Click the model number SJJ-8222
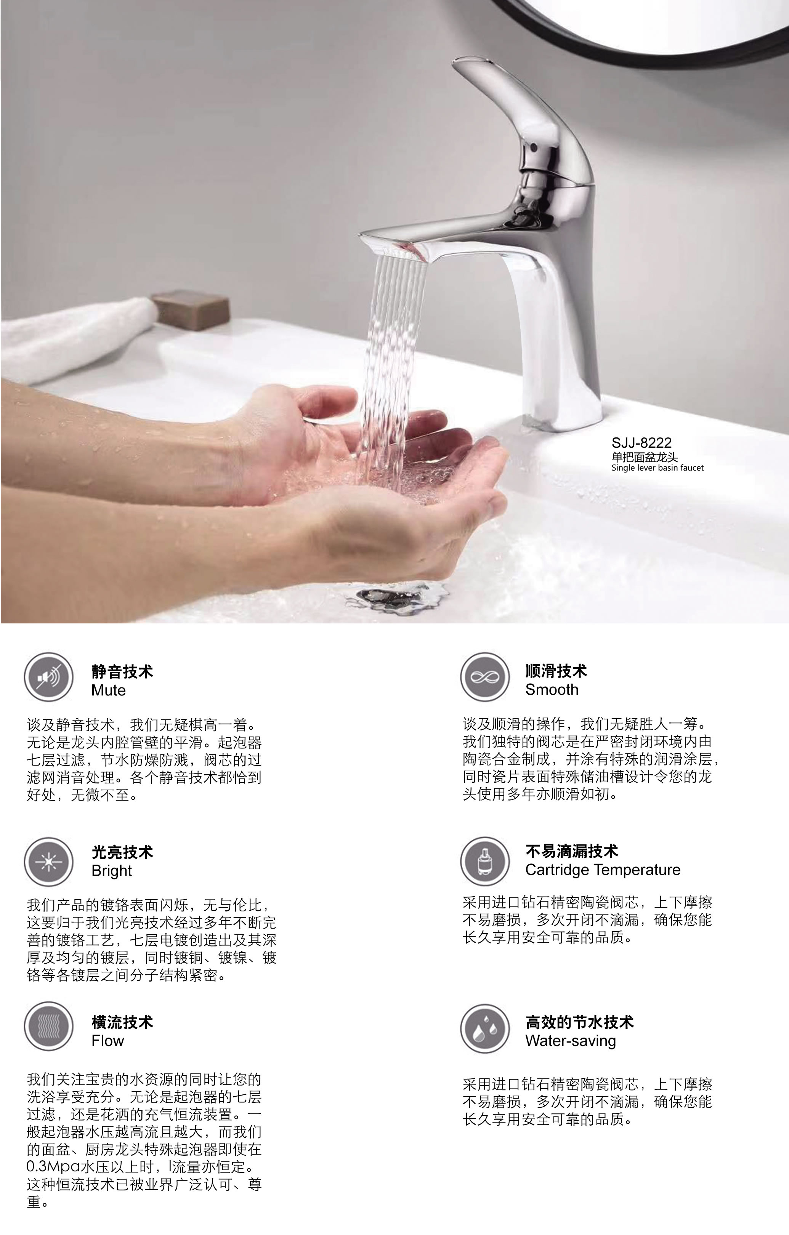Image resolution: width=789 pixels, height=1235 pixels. point(641,443)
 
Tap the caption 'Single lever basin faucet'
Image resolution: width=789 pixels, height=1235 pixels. point(657,468)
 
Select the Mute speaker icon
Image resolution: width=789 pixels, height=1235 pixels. point(49,678)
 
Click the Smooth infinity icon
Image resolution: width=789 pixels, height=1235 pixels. point(485,677)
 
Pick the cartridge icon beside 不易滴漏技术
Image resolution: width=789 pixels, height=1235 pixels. point(485,862)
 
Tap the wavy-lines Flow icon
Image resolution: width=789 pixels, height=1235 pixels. point(49,1027)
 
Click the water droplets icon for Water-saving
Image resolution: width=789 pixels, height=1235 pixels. point(485,1029)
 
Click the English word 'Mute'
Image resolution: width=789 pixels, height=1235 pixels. point(108,690)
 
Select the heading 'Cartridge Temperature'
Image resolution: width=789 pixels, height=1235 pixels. point(603,870)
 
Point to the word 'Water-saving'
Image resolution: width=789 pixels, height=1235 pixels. point(571,1041)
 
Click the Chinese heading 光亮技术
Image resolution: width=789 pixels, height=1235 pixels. point(122,852)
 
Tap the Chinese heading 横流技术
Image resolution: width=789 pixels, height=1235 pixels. point(122,1022)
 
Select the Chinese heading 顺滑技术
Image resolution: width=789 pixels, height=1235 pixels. point(556,671)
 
